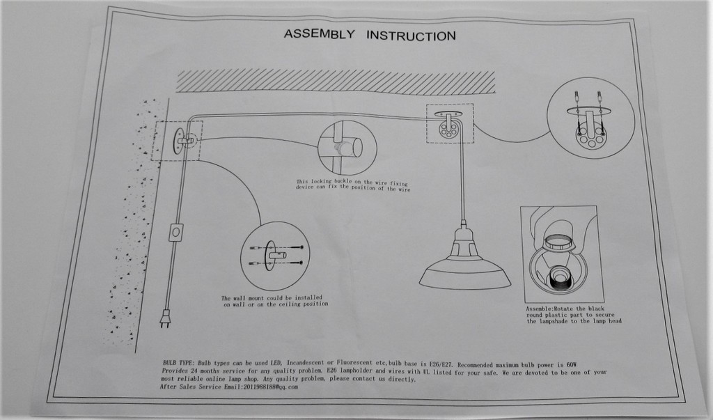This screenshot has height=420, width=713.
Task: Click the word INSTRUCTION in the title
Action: [411, 36]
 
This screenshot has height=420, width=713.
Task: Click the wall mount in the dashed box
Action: [180, 141]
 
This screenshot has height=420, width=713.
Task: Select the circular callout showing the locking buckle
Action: [347, 148]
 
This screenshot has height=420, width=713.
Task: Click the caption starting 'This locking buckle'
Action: [353, 185]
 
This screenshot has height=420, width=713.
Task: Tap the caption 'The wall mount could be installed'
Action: [275, 301]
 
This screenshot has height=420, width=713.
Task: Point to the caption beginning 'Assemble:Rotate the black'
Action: [573, 315]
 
